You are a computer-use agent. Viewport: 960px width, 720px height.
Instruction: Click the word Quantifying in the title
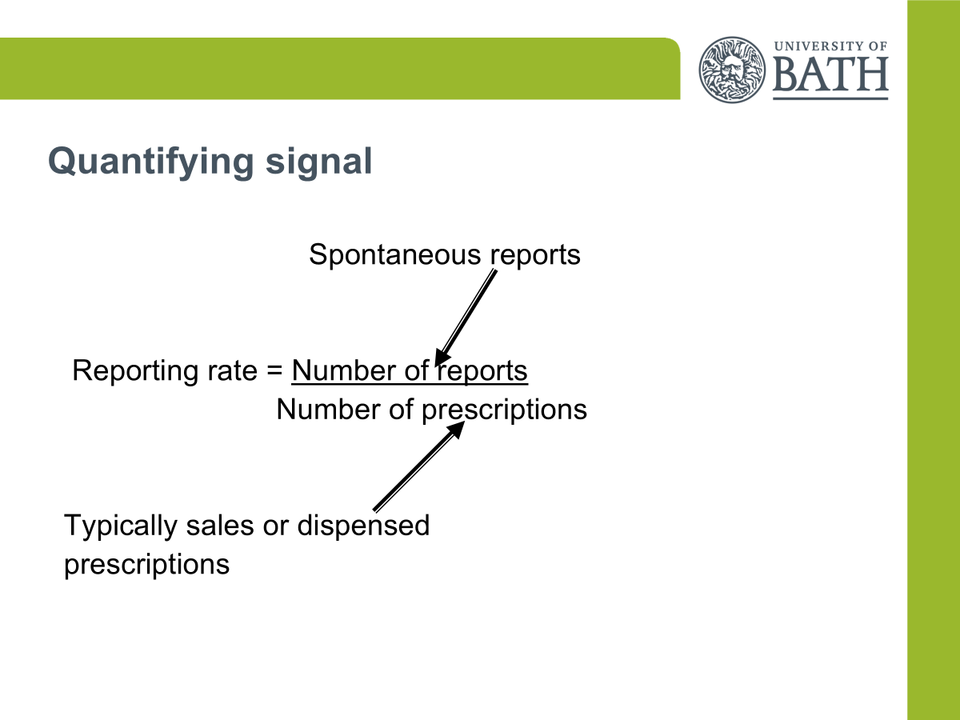[x=151, y=162]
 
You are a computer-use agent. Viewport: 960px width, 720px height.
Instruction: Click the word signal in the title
[x=319, y=162]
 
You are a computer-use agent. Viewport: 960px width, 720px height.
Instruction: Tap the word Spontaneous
[x=395, y=255]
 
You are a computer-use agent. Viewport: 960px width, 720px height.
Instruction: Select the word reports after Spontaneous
[x=535, y=256]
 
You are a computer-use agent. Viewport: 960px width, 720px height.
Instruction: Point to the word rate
[x=232, y=371]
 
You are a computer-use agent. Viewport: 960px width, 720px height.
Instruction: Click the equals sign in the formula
[x=274, y=370]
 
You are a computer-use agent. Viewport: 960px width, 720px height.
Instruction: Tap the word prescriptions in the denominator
[x=504, y=411]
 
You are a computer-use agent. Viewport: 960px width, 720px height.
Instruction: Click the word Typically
[x=121, y=526]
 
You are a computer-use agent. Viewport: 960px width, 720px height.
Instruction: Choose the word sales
[x=220, y=526]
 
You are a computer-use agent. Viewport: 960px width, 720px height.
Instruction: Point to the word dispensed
[x=363, y=526]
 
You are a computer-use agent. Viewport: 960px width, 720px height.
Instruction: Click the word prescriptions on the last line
[x=147, y=566]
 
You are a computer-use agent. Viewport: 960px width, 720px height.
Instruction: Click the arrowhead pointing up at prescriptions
[x=456, y=430]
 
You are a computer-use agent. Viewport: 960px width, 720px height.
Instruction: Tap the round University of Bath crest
[x=732, y=70]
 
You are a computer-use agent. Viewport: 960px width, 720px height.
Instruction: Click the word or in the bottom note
[x=275, y=527]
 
